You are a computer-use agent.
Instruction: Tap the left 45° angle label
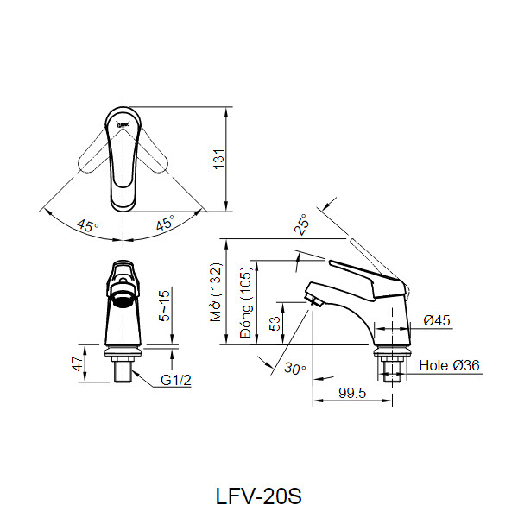point(87,226)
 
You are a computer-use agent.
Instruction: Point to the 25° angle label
point(302,225)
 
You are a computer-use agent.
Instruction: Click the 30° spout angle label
point(295,369)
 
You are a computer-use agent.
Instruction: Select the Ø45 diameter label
point(437,321)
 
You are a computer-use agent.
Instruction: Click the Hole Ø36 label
point(449,365)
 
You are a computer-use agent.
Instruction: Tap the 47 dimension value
point(76,363)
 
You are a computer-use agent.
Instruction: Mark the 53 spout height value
point(274,324)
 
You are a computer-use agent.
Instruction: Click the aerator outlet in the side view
point(313,300)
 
